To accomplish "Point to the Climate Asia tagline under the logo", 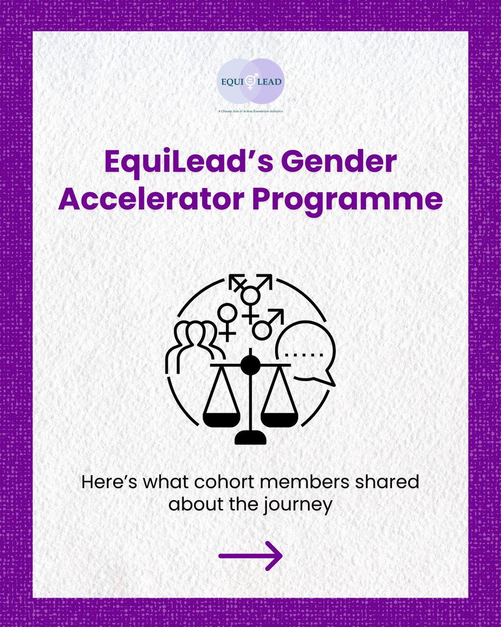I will coord(250,111).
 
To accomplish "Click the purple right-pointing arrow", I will coord(250,555).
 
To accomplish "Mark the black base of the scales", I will coord(250,436).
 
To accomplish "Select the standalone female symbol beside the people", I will coord(228,320).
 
